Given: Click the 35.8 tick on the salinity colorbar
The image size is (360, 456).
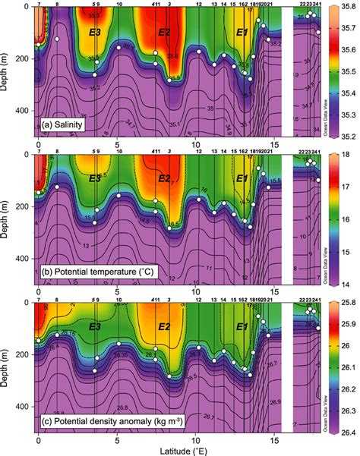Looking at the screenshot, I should point(346,7).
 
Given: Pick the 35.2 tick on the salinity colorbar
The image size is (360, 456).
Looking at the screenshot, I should point(346,137).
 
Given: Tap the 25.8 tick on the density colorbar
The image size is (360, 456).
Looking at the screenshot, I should point(346,303).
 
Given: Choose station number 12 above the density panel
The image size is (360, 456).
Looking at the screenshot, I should point(198,300).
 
